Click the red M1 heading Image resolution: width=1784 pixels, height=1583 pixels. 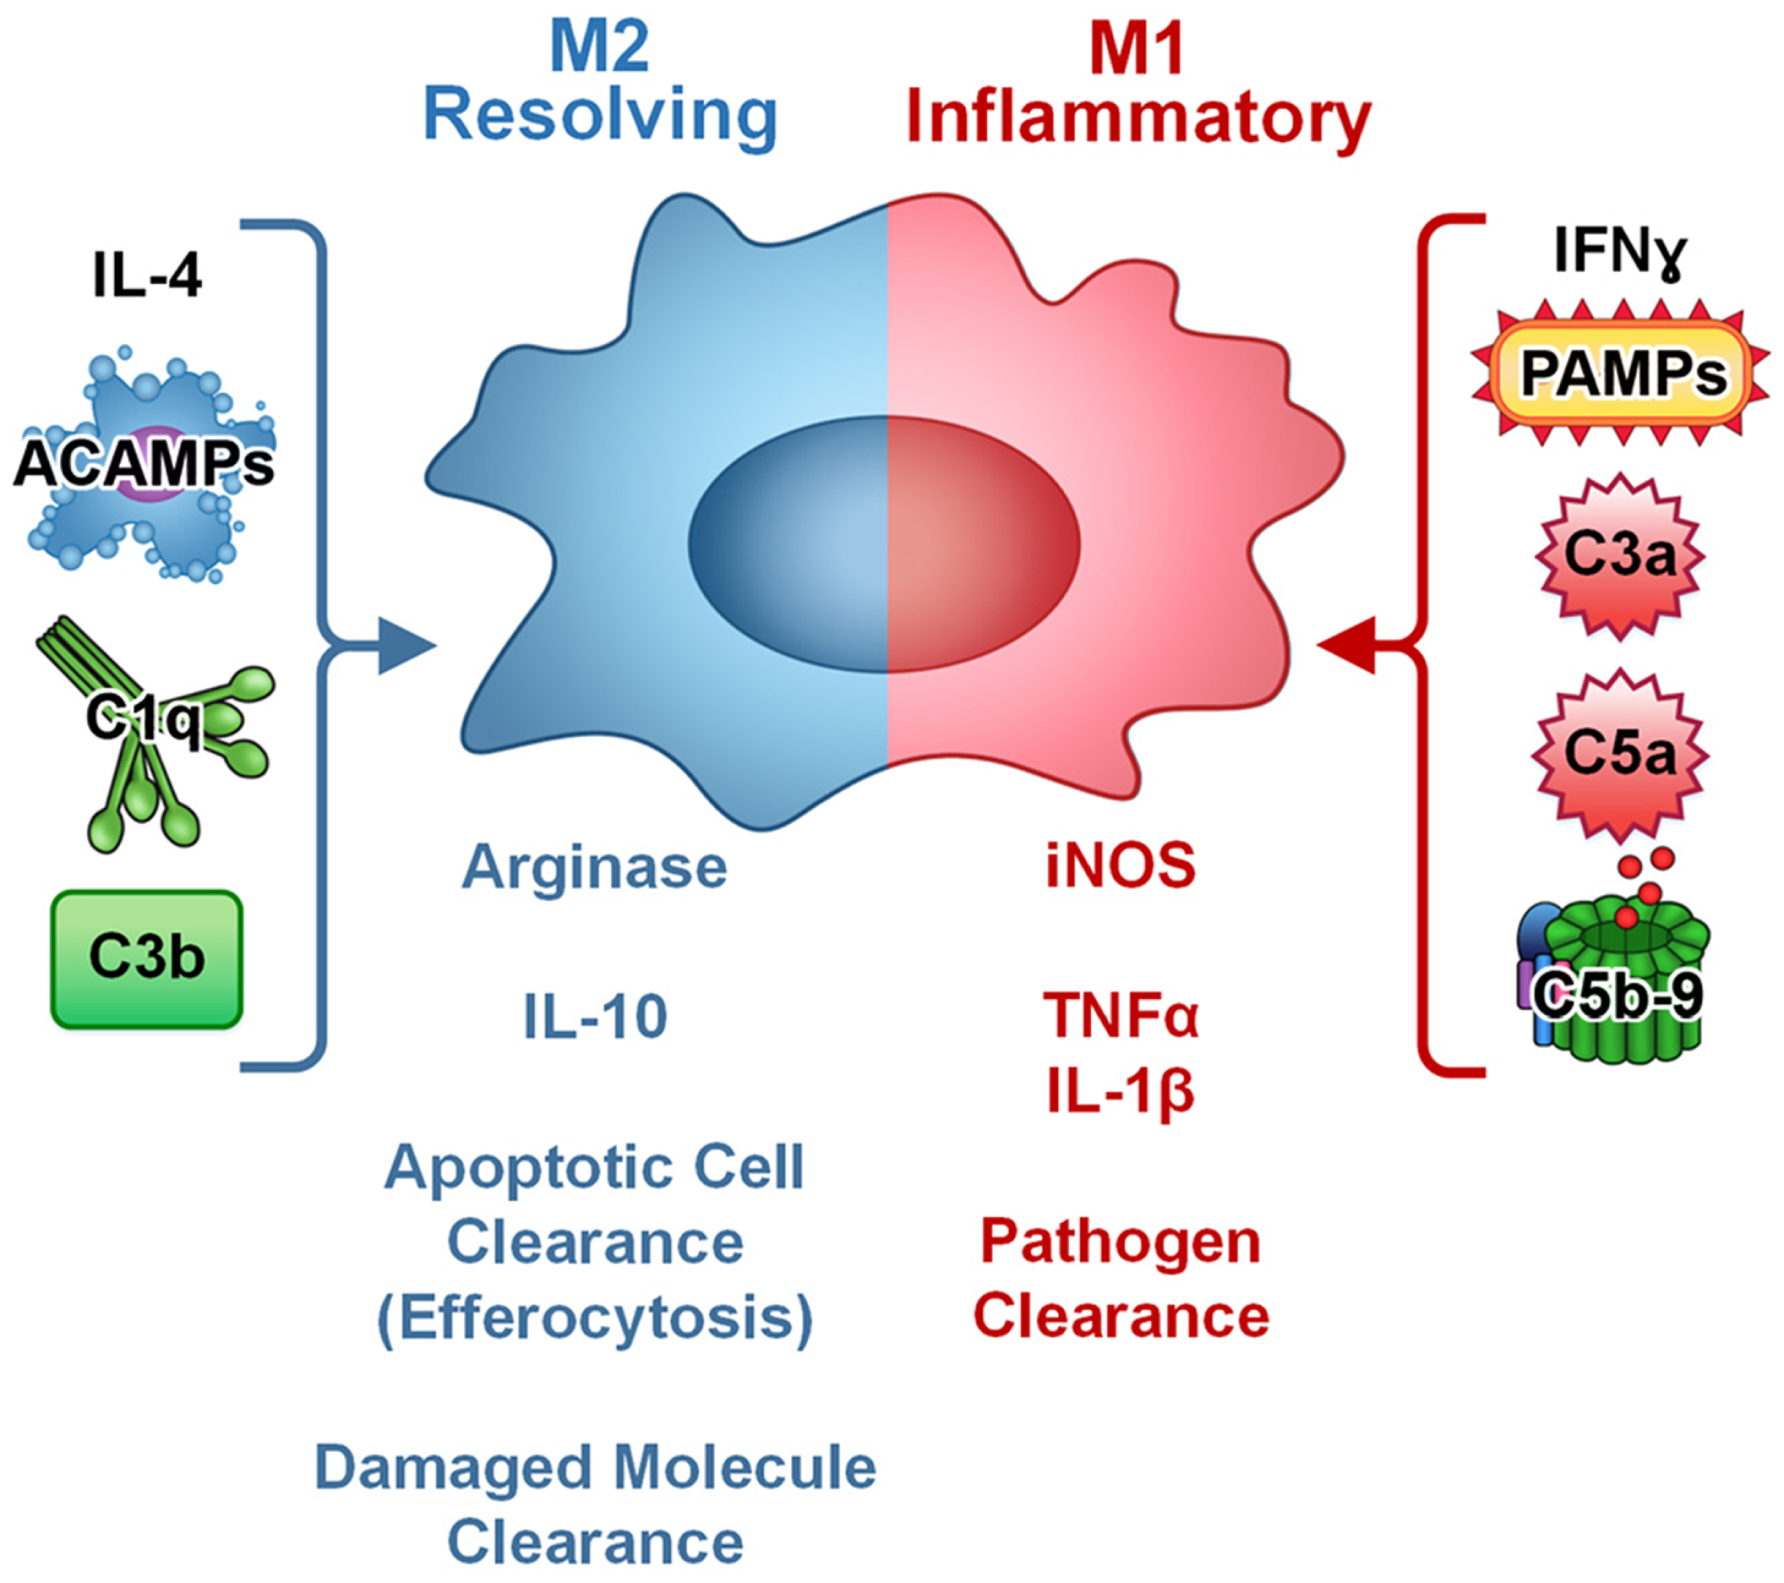tap(1136, 48)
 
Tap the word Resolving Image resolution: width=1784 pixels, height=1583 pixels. tap(600, 116)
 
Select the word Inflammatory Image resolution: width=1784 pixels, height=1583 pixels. tap(1138, 118)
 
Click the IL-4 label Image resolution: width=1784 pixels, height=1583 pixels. tap(147, 274)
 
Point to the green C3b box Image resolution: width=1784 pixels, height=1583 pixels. tap(146, 959)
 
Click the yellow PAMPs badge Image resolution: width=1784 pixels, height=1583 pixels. tap(1622, 373)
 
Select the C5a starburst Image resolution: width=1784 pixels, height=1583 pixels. tap(1620, 753)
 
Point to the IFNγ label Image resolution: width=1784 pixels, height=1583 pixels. tap(1620, 250)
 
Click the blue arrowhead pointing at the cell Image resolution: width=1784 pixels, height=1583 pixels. tap(406, 646)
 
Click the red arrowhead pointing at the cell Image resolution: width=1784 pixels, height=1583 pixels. tap(1347, 646)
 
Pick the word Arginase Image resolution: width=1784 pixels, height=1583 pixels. tap(595, 867)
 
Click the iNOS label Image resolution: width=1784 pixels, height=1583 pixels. tap(1121, 865)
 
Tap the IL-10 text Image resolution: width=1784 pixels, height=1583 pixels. tap(596, 1016)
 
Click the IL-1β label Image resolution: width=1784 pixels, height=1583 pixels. tap(1121, 1090)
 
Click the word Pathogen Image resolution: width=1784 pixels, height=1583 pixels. tap(1121, 1242)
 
